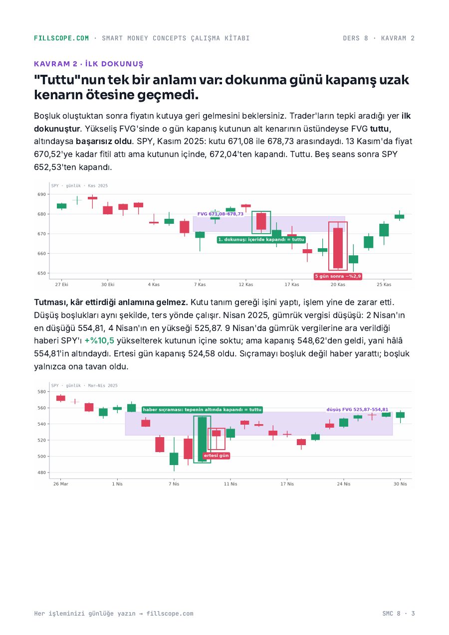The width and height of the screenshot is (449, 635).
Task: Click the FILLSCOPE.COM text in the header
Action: (61, 38)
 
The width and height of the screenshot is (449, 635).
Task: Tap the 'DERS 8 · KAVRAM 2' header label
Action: (379, 38)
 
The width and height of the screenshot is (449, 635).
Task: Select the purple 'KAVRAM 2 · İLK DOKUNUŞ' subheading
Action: (88, 64)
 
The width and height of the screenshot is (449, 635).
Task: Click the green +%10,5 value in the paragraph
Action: (99, 340)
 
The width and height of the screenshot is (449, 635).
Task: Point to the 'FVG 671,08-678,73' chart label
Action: (220, 214)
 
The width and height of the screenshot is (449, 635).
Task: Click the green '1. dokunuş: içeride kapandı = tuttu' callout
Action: (261, 240)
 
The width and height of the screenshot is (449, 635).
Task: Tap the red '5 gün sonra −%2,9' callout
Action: (338, 276)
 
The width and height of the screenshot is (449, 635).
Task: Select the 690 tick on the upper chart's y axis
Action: (41, 194)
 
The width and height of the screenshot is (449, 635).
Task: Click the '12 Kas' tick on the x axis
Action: (245, 284)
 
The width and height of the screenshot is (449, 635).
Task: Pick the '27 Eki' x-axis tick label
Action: (61, 284)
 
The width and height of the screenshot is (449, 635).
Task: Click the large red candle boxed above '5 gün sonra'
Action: (338, 248)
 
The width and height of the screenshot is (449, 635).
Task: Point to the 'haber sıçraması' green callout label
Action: (202, 410)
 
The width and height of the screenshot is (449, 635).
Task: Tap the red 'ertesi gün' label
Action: (217, 456)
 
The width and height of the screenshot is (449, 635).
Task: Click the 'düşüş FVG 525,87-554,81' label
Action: (357, 410)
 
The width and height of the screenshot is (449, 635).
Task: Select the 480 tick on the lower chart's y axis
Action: (41, 473)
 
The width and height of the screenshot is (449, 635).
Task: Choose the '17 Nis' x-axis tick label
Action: (287, 484)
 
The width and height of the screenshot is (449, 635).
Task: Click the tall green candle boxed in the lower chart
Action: (202, 439)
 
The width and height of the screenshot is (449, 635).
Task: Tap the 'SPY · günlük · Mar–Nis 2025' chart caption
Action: (84, 386)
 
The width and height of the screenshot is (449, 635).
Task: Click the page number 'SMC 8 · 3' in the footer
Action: (399, 614)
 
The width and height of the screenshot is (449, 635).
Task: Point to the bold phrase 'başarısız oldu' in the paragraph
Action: (104, 141)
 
